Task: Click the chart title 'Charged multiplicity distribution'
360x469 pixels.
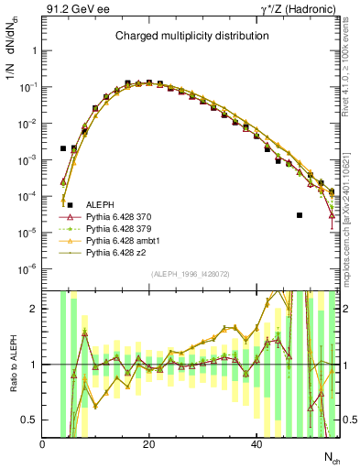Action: point(191,36)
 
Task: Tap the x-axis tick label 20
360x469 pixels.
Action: point(148,444)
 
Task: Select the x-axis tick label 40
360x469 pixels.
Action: point(256,444)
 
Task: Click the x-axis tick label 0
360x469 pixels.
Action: point(42,444)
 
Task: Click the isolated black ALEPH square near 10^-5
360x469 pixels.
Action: point(300,215)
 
